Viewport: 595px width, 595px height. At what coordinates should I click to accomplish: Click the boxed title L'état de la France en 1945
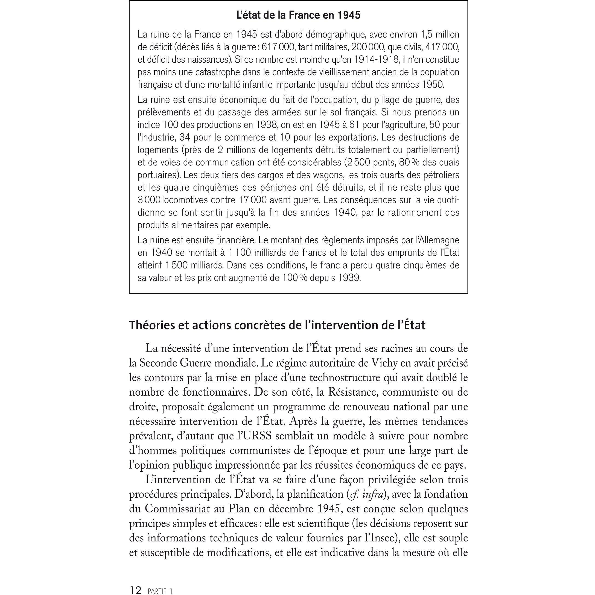pos(298,15)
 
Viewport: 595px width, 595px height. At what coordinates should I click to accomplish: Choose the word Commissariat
pos(177,509)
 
